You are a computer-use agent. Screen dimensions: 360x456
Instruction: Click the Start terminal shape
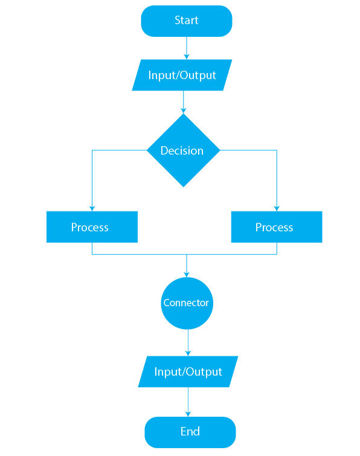coord(187,21)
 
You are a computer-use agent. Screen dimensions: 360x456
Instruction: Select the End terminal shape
coord(190,432)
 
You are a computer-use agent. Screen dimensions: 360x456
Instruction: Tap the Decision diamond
coord(184,150)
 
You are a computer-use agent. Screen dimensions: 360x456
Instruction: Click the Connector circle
coord(187,303)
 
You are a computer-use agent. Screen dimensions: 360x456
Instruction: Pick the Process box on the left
coord(92,227)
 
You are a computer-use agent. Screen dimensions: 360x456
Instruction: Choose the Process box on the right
coord(277,227)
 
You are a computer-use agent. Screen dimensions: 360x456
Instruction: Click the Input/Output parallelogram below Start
coord(182,75)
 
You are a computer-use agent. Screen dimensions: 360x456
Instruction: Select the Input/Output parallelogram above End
coord(188,371)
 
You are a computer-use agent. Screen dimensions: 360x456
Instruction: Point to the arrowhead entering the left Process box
coord(92,208)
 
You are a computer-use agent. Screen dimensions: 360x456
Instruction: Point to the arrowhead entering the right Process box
coord(277,208)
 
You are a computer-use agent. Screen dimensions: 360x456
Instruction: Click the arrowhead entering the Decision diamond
coord(184,111)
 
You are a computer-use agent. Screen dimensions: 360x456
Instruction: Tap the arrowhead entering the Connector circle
coord(187,275)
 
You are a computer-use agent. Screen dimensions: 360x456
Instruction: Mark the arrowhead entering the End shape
coord(188,414)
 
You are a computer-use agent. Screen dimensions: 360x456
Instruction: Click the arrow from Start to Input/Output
coord(187,48)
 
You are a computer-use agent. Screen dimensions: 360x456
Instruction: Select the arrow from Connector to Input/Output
coord(188,342)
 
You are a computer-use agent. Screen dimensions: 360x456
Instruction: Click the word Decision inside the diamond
coord(182,150)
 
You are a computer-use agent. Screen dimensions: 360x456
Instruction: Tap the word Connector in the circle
coord(186,303)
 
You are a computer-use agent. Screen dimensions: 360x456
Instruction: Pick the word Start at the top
coord(187,20)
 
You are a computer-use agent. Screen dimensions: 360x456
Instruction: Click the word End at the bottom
coord(190,431)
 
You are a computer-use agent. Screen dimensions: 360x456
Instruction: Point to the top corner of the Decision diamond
coord(184,114)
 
